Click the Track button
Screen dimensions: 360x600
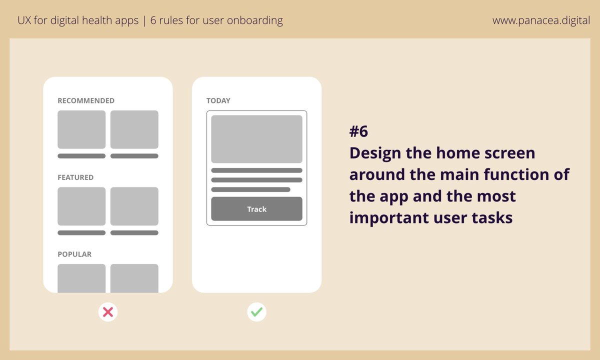click(x=256, y=209)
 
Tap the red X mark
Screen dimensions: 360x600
click(x=107, y=312)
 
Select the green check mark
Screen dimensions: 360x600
click(x=256, y=312)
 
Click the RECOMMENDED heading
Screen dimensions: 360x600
click(x=86, y=100)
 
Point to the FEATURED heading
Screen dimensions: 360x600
click(x=75, y=177)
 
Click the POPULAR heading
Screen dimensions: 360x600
click(x=74, y=254)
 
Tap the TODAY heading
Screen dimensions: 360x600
click(x=218, y=100)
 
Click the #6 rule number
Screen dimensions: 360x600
click(x=358, y=131)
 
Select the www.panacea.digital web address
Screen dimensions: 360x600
click(x=541, y=21)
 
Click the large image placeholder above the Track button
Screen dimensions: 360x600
click(x=256, y=139)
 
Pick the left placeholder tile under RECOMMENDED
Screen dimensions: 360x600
click(x=81, y=129)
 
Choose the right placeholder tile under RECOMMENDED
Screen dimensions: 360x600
click(x=134, y=129)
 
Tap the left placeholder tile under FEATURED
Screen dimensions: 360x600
click(x=81, y=206)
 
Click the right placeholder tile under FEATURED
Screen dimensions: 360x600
click(x=134, y=206)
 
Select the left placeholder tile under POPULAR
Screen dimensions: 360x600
click(x=81, y=278)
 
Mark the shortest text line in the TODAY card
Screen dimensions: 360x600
click(x=250, y=189)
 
